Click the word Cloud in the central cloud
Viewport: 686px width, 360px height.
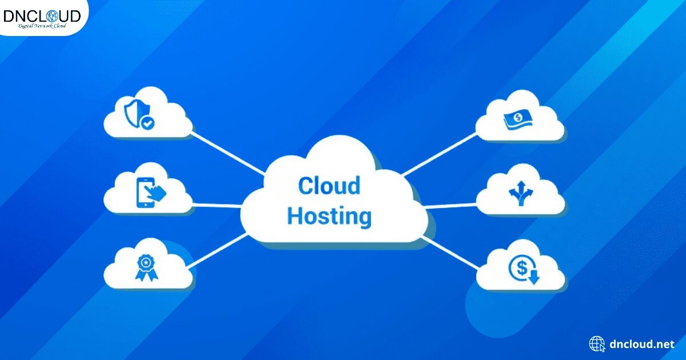coord(329,186)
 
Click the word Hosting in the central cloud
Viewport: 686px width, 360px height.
coord(329,217)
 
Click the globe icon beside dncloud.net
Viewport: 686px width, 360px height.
coord(597,344)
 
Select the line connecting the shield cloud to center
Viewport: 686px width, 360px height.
coord(229,153)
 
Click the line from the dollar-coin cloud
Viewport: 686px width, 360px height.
coord(452,251)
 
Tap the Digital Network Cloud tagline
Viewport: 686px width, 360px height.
coord(42,26)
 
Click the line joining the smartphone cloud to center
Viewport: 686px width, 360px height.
coord(217,205)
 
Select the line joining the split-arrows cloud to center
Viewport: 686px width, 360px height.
coord(452,205)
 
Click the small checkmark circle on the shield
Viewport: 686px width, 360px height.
coord(148,122)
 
